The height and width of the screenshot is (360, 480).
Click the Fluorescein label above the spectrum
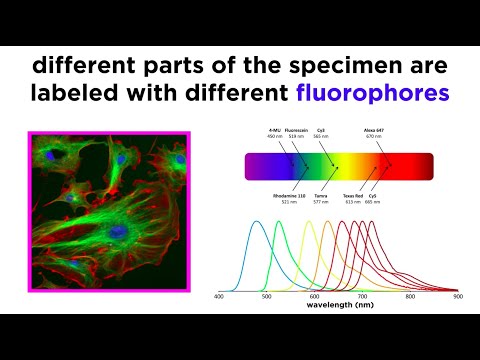click(x=296, y=132)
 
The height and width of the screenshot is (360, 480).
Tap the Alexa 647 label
click(x=386, y=132)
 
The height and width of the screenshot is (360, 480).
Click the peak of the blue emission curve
click(x=258, y=222)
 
